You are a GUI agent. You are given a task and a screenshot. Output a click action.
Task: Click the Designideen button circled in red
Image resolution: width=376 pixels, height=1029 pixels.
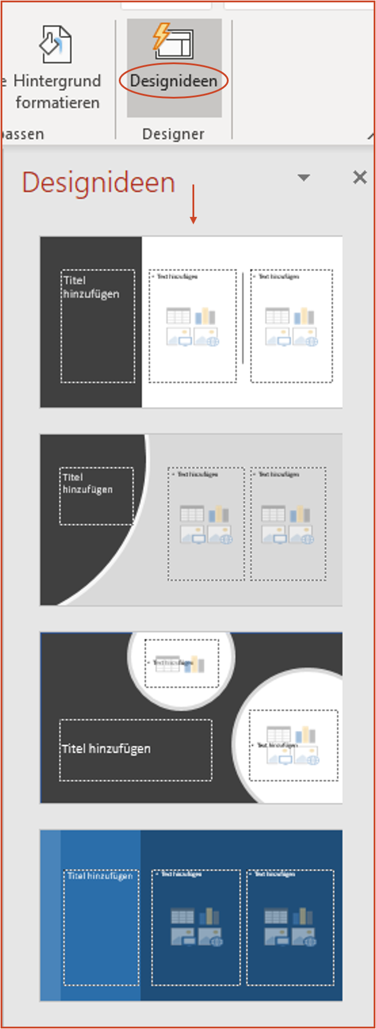[173, 81]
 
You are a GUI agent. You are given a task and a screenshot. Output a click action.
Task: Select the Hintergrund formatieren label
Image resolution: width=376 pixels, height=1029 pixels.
[57, 91]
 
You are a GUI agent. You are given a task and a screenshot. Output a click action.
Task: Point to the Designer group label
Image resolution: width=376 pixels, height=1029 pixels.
[173, 134]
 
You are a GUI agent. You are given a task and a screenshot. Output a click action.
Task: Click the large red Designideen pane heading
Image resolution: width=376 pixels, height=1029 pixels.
[99, 182]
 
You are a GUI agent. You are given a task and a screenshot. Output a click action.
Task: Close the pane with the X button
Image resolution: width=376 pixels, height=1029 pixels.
[359, 177]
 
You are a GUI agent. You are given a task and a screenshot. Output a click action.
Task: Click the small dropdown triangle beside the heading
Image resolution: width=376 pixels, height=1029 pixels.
[304, 178]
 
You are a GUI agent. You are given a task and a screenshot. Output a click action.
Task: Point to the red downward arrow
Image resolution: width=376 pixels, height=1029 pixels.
[193, 204]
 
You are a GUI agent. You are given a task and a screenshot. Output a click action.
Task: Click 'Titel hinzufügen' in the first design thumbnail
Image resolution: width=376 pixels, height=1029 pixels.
[91, 287]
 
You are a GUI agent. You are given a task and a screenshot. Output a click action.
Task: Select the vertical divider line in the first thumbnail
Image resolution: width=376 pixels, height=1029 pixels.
[243, 318]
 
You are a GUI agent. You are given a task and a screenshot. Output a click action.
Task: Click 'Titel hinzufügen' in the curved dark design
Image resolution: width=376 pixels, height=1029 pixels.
[87, 484]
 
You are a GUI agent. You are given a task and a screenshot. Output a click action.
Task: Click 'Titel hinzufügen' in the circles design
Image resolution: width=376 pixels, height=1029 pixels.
[106, 749]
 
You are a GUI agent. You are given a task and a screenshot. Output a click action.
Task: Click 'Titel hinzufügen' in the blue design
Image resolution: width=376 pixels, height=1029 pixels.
[100, 876]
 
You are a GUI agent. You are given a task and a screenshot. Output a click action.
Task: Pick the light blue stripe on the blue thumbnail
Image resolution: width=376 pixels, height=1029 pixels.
[50, 915]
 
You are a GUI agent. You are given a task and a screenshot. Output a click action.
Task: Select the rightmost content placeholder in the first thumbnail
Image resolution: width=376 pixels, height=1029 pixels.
[291, 326]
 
